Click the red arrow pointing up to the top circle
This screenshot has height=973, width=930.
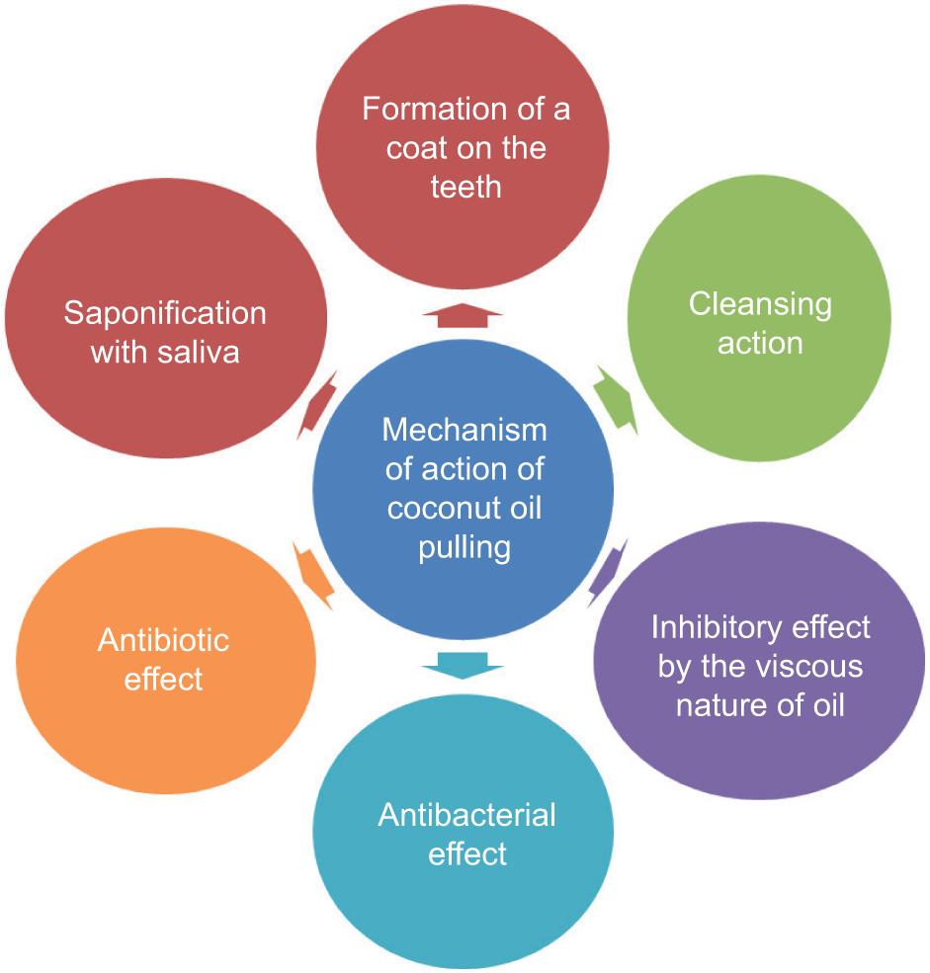463,316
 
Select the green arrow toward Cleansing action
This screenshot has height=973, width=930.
617,400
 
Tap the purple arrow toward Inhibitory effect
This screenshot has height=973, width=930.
607,573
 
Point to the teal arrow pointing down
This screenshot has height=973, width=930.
463,665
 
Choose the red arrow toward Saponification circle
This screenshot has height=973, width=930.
317,405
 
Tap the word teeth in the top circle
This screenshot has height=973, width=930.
465,187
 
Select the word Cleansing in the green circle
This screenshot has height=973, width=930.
760,305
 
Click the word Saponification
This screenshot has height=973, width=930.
165,313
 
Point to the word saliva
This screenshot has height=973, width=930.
199,352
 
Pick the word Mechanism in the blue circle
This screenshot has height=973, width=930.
465,430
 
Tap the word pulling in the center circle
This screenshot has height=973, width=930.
465,548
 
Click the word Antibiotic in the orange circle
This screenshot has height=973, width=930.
163,640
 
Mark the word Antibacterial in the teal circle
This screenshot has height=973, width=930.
466,815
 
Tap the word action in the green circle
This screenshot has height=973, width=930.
760,343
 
